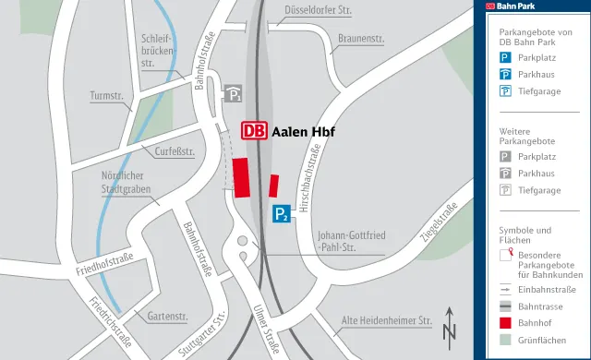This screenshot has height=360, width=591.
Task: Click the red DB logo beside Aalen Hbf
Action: tap(255, 131)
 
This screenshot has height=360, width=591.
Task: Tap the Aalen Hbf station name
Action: tap(303, 131)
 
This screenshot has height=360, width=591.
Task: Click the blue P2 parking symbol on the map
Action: tap(283, 215)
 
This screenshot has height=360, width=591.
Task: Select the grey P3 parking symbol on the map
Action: tap(235, 94)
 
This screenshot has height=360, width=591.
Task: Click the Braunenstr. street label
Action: tap(361, 40)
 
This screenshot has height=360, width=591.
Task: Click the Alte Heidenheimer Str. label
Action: tap(387, 321)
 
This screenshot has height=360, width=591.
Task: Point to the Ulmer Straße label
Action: tap(266, 324)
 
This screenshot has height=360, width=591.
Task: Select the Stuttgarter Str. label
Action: tap(205, 336)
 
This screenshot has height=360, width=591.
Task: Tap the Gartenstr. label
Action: tap(166, 316)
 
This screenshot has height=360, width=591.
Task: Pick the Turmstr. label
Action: tap(106, 95)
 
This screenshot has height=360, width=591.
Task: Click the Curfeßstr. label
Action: tap(174, 150)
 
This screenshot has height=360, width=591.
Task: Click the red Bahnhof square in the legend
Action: tap(505, 323)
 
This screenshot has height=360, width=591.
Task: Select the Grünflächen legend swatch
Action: tap(505, 340)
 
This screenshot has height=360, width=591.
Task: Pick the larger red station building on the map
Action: tap(243, 177)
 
